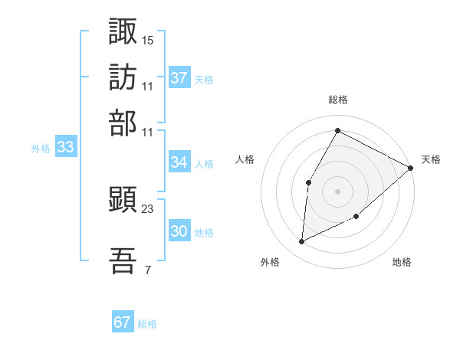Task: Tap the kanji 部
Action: [x=123, y=123]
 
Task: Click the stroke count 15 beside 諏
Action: [x=148, y=39]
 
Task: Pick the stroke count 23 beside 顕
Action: [x=148, y=208]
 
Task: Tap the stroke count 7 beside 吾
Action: [x=147, y=270]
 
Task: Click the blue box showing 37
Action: [x=179, y=78]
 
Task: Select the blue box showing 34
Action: [x=179, y=162]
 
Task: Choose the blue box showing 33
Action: [x=65, y=148]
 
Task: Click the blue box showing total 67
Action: [x=123, y=322]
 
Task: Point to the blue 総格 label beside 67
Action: [x=147, y=324]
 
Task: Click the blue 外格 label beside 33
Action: [x=40, y=149]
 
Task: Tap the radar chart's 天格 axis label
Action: [x=431, y=159]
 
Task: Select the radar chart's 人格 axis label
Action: [x=245, y=159]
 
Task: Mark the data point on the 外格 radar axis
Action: [x=302, y=242]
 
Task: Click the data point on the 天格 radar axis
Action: [x=411, y=168]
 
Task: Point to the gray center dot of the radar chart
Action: [x=337, y=191]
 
